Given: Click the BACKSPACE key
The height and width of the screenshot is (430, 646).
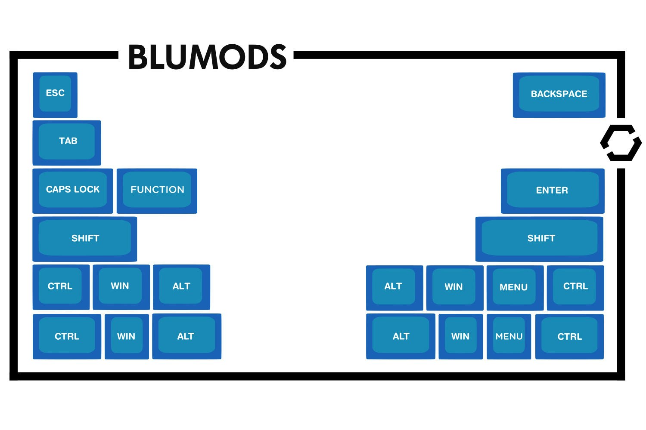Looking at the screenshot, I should click(559, 95).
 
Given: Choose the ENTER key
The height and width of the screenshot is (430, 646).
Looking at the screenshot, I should click(553, 190).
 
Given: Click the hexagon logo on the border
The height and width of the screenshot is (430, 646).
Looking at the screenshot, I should click(621, 143).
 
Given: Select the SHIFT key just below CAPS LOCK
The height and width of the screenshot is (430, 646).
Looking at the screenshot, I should click(85, 239).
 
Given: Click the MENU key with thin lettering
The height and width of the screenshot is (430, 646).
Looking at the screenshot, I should click(509, 336).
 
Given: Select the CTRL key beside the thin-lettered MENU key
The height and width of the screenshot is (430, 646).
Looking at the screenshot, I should click(569, 336).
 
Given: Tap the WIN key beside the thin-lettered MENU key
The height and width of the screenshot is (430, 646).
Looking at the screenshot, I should click(460, 336).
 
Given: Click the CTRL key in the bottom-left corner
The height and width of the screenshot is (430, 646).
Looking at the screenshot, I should click(67, 336).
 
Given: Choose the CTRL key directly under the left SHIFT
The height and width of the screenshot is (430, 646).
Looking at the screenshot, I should click(61, 287).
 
